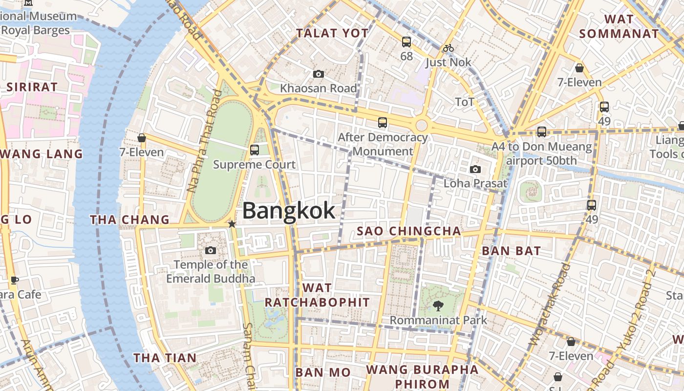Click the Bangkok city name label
(289, 211)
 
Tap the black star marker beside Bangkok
(232, 224)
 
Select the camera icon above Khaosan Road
(319, 74)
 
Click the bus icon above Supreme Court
(254, 150)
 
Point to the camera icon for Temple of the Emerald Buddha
(211, 250)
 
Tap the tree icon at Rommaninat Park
(438, 306)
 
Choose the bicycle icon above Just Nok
(448, 48)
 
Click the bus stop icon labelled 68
(406, 42)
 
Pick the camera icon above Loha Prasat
(475, 169)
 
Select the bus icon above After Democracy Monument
(383, 123)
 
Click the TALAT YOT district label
(332, 33)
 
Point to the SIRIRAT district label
(32, 87)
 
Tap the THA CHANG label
(129, 220)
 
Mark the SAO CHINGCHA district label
(408, 231)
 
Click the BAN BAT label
(511, 251)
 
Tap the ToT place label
(465, 102)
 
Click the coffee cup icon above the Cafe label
(15, 280)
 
